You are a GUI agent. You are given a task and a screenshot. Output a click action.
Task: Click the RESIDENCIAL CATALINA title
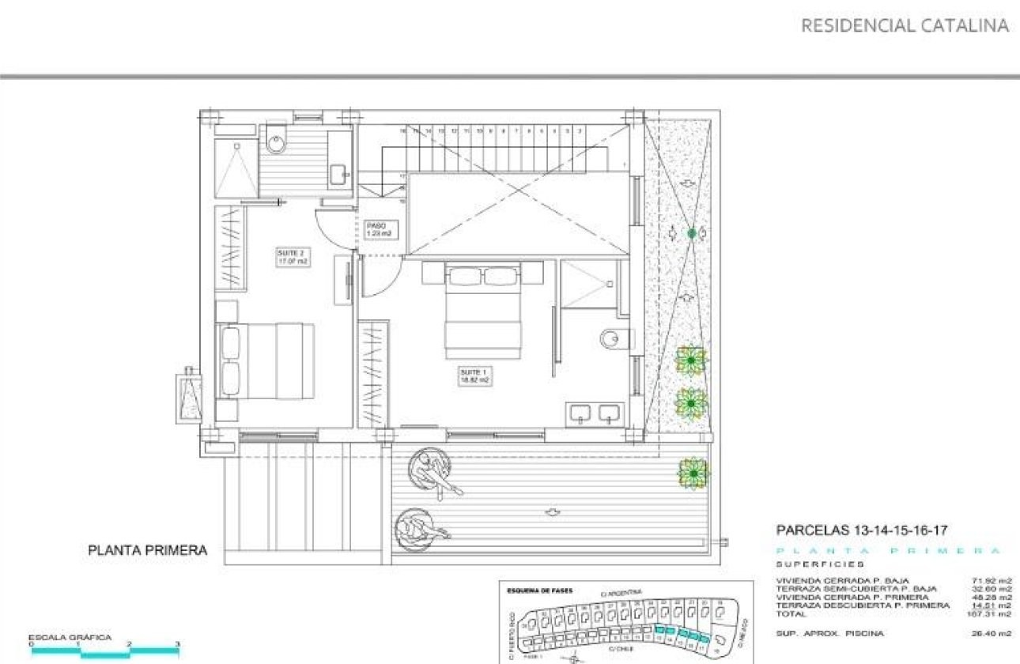(905, 25)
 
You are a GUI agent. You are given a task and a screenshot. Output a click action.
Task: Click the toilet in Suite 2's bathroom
(276, 140)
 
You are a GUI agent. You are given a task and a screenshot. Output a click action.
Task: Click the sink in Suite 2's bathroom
(338, 172)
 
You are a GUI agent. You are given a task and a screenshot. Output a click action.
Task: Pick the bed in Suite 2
(265, 361)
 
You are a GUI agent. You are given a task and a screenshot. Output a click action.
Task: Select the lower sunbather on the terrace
(421, 526)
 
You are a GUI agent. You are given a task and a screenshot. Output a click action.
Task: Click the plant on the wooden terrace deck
(693, 473)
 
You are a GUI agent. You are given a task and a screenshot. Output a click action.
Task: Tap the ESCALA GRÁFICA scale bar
(105, 650)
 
